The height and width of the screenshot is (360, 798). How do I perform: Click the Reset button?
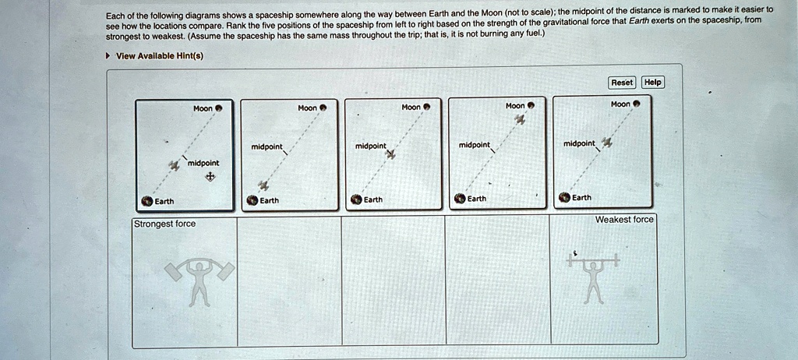(x=622, y=82)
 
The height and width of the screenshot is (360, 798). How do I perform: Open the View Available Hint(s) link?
(x=159, y=55)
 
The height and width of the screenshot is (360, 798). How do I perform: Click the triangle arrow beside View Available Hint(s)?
(x=108, y=55)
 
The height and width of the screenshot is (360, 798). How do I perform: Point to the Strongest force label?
(x=164, y=224)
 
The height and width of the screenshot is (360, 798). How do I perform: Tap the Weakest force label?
(x=623, y=220)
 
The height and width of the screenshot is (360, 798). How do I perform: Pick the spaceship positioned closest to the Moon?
(x=521, y=119)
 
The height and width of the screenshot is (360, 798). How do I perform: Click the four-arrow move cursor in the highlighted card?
(x=209, y=177)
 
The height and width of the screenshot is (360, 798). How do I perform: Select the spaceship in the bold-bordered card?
(x=173, y=164)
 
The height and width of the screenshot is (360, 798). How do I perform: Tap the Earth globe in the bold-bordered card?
(x=146, y=201)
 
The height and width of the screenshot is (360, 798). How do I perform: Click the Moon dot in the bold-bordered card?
(x=219, y=108)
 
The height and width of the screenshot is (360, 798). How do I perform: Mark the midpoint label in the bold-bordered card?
(x=203, y=162)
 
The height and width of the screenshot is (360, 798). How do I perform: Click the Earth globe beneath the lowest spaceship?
(x=252, y=200)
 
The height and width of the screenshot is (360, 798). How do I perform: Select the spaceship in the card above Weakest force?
(x=607, y=141)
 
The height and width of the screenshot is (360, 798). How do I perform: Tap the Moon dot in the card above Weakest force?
(x=636, y=104)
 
